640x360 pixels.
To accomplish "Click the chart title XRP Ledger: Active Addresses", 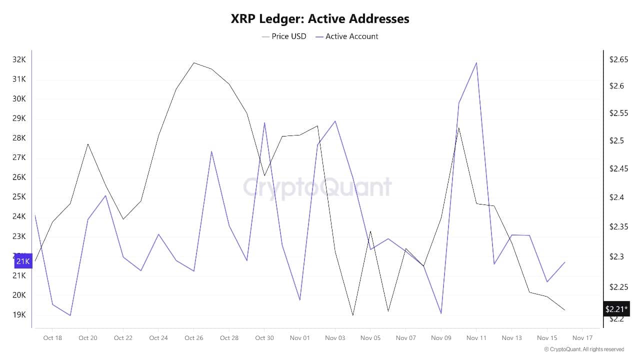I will click(x=320, y=19).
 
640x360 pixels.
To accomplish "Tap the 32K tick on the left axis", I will click(x=19, y=59).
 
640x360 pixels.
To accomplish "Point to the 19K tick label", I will click(x=19, y=314).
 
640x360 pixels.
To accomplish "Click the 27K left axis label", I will click(x=19, y=157).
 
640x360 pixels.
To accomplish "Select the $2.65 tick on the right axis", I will click(x=618, y=59).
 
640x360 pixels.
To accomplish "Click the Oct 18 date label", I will click(x=52, y=338).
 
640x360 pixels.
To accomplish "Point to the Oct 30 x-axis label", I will click(x=264, y=338).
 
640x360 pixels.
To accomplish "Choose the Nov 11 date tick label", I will click(x=476, y=338).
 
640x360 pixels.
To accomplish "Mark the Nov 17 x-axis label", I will click(x=582, y=338).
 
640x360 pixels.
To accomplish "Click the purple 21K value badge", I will click(x=23, y=261).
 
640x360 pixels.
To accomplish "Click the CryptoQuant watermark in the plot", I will click(x=317, y=187).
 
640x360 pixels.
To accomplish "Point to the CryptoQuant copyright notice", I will click(x=584, y=349).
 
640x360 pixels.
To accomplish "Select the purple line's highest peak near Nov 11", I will click(x=476, y=63).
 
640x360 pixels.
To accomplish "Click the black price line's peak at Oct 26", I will click(x=193, y=63).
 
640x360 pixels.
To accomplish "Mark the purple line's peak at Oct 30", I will click(x=264, y=122).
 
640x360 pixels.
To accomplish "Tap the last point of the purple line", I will click(x=564, y=262).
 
